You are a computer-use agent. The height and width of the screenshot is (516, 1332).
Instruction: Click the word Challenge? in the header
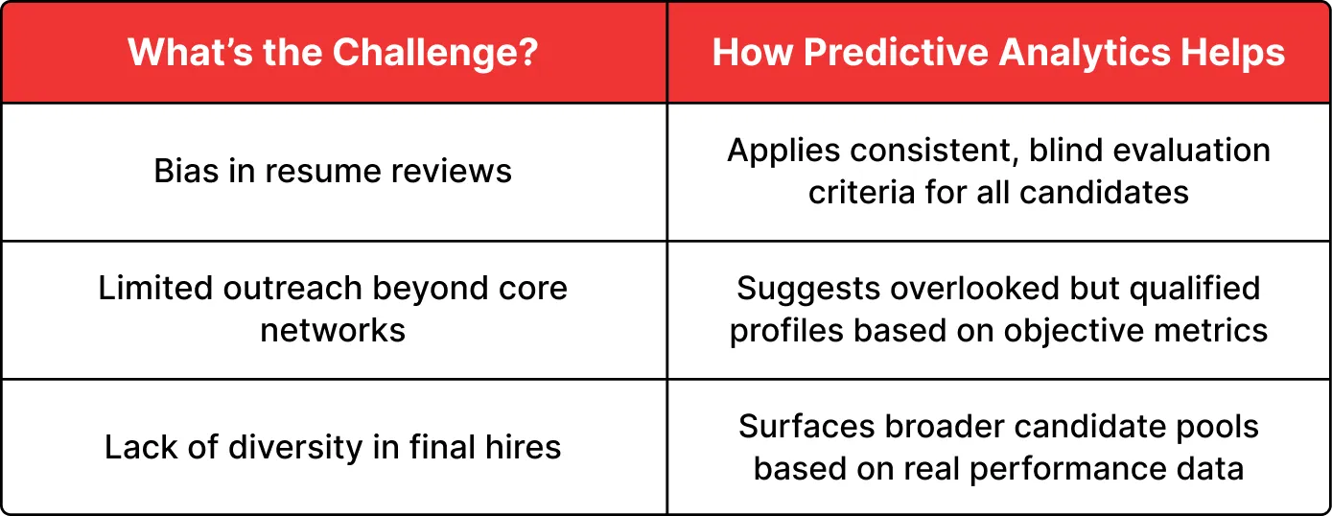(x=435, y=54)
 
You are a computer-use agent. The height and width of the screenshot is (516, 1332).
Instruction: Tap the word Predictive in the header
(x=896, y=54)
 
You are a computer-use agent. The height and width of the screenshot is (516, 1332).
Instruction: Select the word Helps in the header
(x=1232, y=54)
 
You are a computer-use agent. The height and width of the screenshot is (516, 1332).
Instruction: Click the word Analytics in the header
(x=1086, y=54)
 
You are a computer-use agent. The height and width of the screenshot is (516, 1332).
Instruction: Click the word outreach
(x=292, y=289)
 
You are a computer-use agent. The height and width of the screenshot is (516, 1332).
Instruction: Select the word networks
(x=333, y=331)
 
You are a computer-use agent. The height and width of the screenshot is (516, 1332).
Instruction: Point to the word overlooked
(x=974, y=289)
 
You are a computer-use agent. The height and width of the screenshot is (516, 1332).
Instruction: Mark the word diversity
(x=295, y=448)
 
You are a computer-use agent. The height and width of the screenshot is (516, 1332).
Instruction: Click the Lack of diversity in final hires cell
(x=334, y=446)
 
